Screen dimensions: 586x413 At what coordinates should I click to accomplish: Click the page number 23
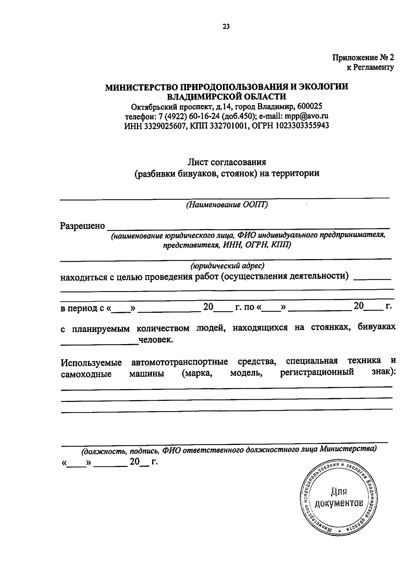coord(226,27)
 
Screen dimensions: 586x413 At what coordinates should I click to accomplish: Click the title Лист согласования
coord(227,162)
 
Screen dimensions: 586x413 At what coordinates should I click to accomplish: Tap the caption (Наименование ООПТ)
coord(227,205)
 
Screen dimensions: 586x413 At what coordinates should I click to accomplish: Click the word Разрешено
coord(83,226)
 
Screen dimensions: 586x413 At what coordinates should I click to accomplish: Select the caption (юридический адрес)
coord(227,266)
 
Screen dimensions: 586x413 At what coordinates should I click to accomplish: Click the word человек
coord(156,340)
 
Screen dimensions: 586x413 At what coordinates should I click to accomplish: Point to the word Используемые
coord(91,363)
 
